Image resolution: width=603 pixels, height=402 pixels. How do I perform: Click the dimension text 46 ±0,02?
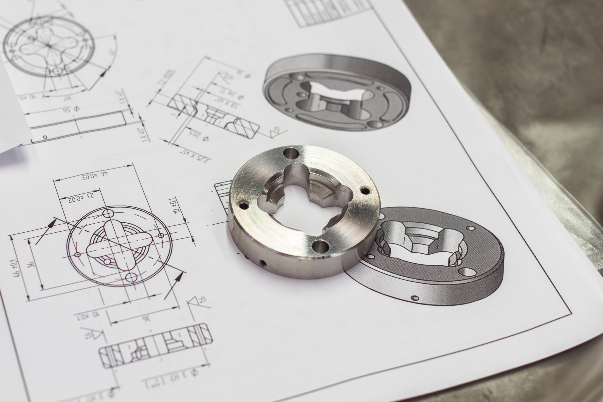point(95,175)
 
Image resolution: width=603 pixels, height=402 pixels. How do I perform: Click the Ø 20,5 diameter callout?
point(199,136)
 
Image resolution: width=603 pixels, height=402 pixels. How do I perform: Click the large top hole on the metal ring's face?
point(291,154)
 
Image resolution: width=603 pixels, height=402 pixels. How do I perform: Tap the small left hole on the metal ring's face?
point(244,205)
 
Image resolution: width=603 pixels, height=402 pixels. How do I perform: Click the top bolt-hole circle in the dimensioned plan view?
point(108,213)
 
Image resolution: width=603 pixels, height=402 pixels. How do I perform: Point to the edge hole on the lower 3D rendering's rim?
point(414,298)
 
